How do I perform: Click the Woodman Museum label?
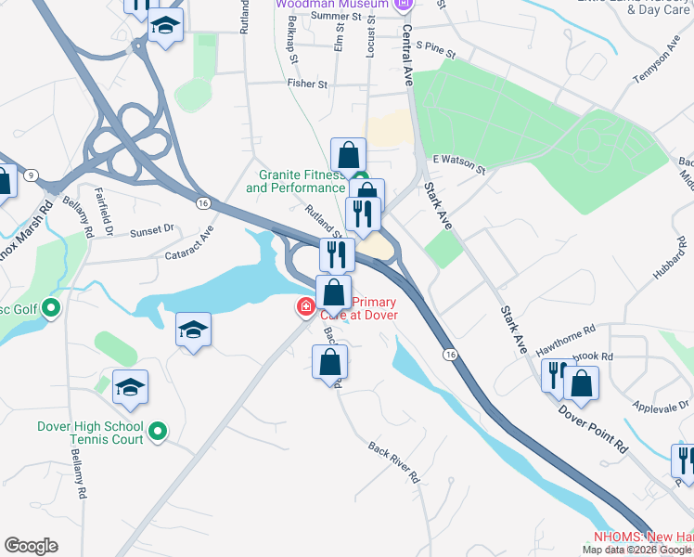pos(330,4)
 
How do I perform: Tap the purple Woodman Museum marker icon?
pos(402,5)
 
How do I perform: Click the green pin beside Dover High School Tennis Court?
pos(158,431)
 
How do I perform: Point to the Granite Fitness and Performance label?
pos(295,180)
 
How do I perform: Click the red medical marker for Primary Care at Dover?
pos(304,306)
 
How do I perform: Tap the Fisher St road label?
pos(308,84)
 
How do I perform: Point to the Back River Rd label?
pos(393,461)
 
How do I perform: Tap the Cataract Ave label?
pos(189,246)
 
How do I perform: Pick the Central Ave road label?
pos(407,56)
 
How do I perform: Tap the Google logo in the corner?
pos(31,546)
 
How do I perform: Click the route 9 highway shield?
pos(31,175)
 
